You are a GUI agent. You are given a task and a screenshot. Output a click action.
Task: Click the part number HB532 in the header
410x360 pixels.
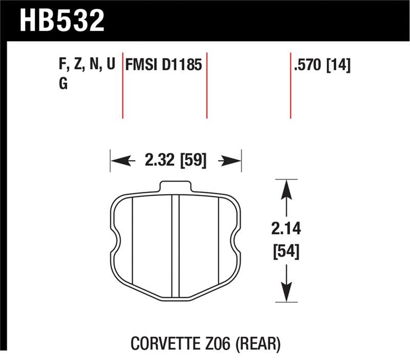[x=61, y=21]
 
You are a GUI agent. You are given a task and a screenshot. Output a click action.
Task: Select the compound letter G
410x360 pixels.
[x=63, y=84]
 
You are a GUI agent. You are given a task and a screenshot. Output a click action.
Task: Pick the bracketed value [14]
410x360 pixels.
[x=338, y=65]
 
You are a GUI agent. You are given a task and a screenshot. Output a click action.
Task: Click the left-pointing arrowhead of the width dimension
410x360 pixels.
[x=117, y=161]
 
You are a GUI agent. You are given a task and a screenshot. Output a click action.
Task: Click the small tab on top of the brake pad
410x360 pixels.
[x=175, y=187]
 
